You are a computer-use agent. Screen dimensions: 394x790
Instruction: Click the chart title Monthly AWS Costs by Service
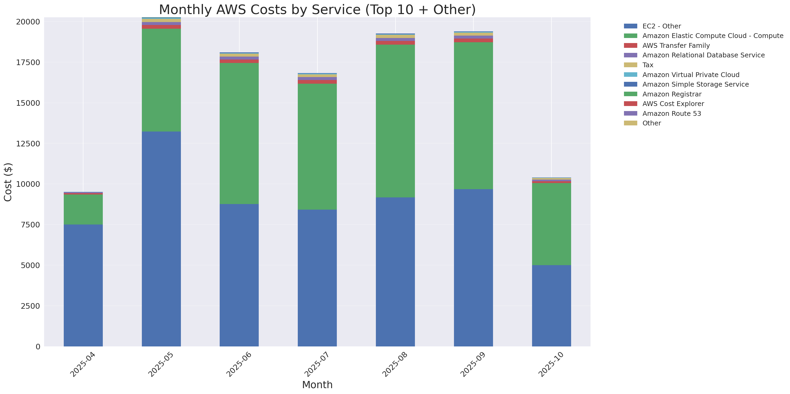(317, 10)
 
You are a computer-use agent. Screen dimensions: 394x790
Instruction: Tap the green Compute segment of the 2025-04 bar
(83, 209)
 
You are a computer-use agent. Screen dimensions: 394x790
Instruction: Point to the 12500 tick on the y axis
(28, 143)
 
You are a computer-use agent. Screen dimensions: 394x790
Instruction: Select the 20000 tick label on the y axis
(28, 22)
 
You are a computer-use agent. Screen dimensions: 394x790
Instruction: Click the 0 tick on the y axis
(38, 346)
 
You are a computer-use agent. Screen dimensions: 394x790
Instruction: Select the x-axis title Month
(317, 384)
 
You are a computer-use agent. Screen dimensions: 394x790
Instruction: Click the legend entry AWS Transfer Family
(676, 46)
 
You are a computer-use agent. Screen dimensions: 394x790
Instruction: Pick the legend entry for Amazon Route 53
(672, 113)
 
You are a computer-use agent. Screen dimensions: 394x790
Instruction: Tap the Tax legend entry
(648, 65)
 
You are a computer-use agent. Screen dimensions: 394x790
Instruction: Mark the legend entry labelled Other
(651, 123)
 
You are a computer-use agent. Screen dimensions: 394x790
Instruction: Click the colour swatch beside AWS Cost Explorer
(630, 104)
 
